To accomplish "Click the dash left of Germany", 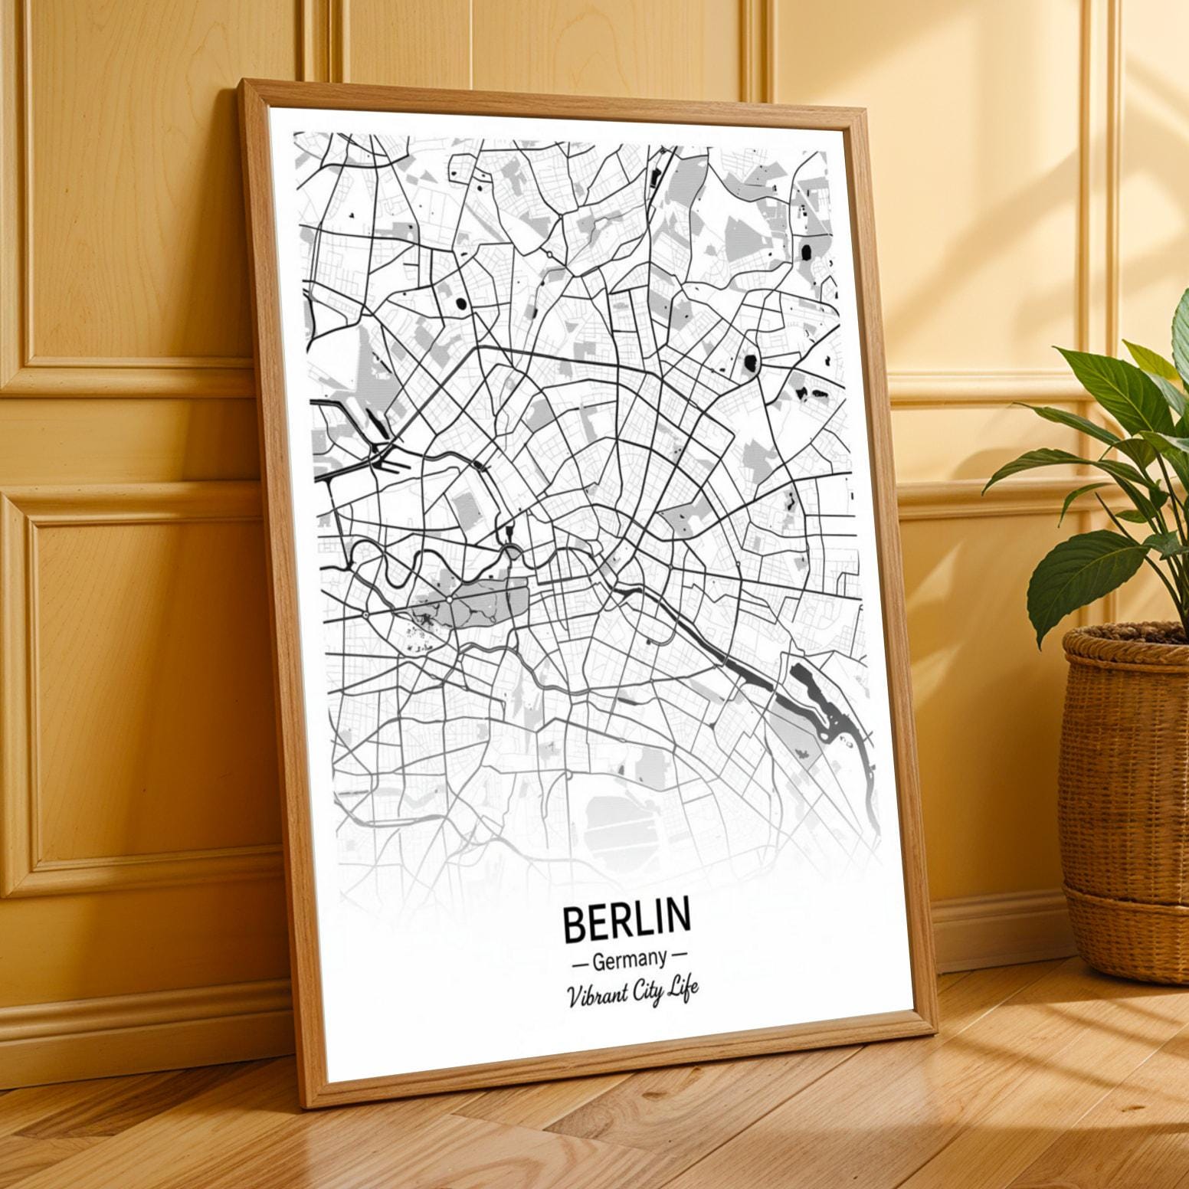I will tap(579, 961).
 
